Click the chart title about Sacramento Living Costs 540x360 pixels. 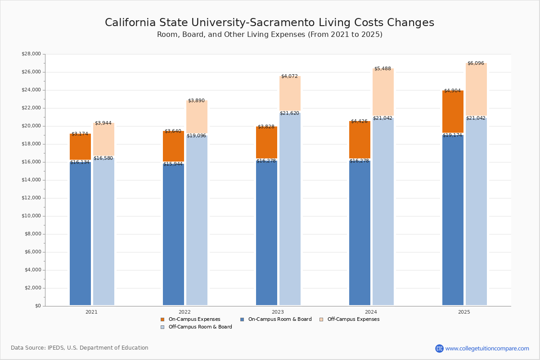(270, 23)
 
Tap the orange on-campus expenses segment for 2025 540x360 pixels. (453, 112)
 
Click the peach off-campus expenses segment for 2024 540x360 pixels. (383, 92)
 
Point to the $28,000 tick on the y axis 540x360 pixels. (31, 54)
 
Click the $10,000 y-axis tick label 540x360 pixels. (31, 216)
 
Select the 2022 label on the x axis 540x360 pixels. (184, 312)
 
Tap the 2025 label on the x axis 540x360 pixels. (464, 312)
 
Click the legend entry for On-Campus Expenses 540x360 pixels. (194, 319)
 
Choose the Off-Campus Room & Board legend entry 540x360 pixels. (200, 327)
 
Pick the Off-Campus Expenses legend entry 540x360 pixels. (353, 319)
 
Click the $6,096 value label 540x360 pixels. (476, 63)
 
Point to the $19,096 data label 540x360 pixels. (196, 136)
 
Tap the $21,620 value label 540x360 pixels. (289, 113)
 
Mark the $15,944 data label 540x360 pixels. (173, 164)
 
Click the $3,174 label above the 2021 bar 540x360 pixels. (80, 134)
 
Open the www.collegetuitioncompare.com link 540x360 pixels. (487, 348)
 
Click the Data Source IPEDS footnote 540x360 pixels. (80, 348)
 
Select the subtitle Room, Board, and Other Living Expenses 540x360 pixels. (270, 35)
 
